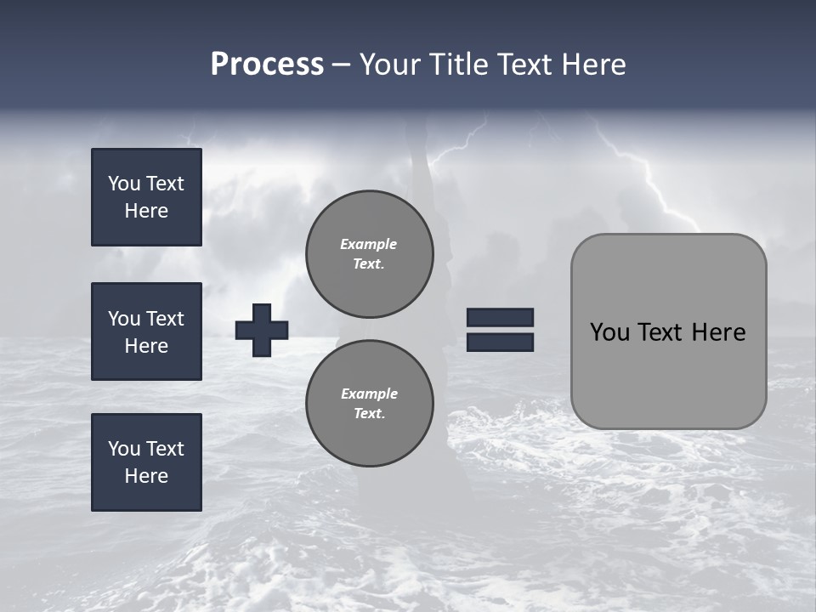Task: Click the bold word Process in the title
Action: (x=267, y=65)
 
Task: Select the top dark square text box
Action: (x=146, y=197)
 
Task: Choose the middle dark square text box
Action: (x=146, y=331)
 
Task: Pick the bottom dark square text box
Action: (x=146, y=462)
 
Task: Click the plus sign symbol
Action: (x=262, y=330)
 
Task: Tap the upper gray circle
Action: (x=370, y=254)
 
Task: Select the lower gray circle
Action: (x=370, y=403)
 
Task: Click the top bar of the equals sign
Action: (x=500, y=318)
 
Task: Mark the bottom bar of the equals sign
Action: (x=500, y=342)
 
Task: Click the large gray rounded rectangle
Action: (x=668, y=374)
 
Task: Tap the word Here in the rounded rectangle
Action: (x=718, y=332)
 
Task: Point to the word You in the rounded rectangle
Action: (x=609, y=332)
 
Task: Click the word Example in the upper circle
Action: (x=369, y=244)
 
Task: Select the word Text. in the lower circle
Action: (x=369, y=414)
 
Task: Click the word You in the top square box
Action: (x=124, y=184)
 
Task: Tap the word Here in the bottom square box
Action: (x=146, y=476)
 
